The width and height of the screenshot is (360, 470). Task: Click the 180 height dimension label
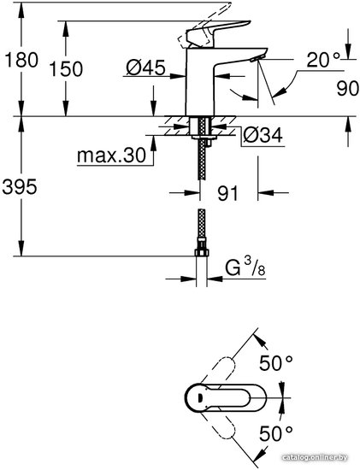coord(22,60)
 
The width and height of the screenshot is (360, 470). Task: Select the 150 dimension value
coord(66,68)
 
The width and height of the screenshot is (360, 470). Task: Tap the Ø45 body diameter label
coord(145,68)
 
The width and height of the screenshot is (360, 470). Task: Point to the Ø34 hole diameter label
coord(263,135)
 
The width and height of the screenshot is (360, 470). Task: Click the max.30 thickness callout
coord(112,156)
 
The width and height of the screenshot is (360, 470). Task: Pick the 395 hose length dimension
coord(20,187)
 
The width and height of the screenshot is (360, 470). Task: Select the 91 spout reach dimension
coord(227,193)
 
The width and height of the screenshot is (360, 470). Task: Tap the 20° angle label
coord(324,60)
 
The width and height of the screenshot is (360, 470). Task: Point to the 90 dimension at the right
coord(347,88)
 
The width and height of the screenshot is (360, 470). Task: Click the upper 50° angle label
coord(275,363)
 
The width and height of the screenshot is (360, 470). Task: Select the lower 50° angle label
coord(275,433)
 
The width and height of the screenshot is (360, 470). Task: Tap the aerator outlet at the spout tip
coord(257,58)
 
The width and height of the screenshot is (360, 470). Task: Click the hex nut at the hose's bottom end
coord(202,251)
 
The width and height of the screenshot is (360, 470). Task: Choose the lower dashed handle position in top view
coord(218,426)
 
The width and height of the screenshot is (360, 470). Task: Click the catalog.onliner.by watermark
coord(315,457)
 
